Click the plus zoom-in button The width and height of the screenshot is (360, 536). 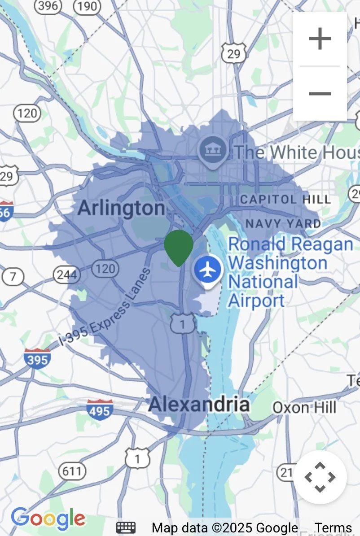coord(320,39)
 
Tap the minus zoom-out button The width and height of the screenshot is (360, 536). coord(320,93)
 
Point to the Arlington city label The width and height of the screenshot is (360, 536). coord(121,208)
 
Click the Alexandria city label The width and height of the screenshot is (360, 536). coord(199,405)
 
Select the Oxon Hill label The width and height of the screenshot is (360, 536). coord(304,408)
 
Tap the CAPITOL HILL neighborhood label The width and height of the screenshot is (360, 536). coord(285,199)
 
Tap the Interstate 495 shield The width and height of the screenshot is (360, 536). coord(100,409)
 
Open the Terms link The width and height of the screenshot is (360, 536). coord(333,528)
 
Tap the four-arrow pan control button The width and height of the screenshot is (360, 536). coord(320,477)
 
